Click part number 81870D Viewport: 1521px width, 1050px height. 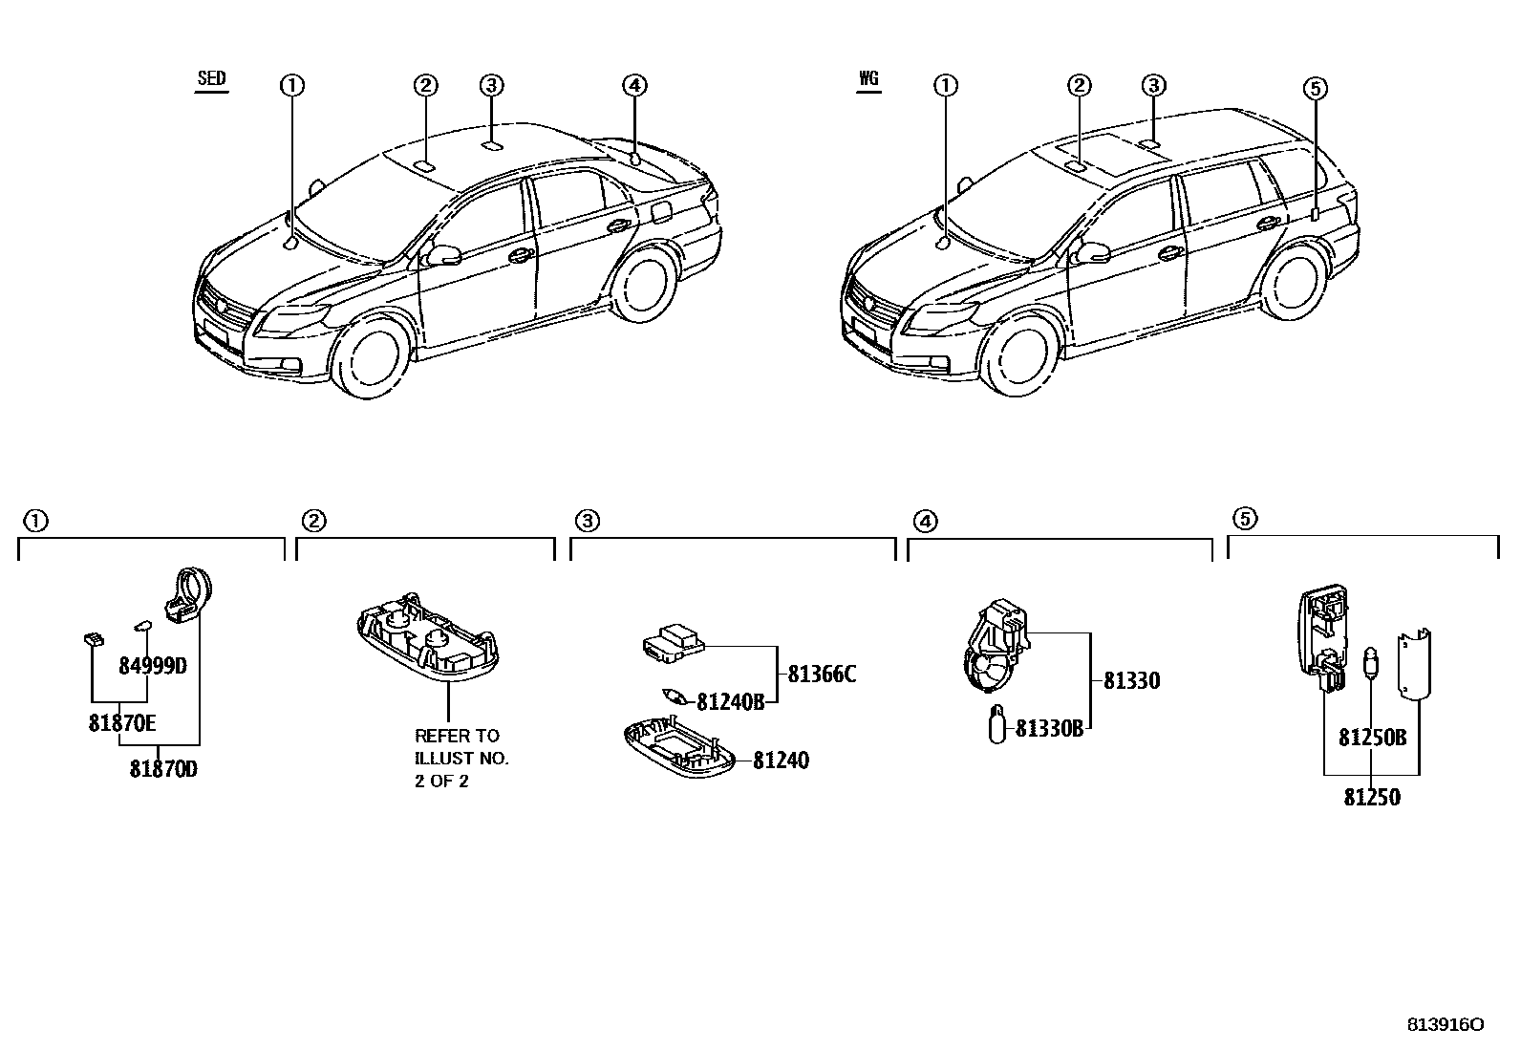163,768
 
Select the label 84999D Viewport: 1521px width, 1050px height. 152,666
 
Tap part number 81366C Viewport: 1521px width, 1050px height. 821,675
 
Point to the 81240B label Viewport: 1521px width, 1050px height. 730,702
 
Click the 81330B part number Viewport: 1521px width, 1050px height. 1048,729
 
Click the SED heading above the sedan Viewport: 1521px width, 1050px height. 211,79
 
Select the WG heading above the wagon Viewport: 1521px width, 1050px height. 868,79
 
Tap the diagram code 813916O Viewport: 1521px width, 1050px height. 1445,1025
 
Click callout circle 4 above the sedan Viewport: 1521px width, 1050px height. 634,86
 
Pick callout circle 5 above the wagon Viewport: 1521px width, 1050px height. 1316,89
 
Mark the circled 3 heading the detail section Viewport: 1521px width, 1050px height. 587,521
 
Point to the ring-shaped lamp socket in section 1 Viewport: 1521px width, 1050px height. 194,588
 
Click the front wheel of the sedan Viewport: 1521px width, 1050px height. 368,356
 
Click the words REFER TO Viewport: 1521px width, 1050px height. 456,736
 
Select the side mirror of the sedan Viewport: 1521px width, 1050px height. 443,255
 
